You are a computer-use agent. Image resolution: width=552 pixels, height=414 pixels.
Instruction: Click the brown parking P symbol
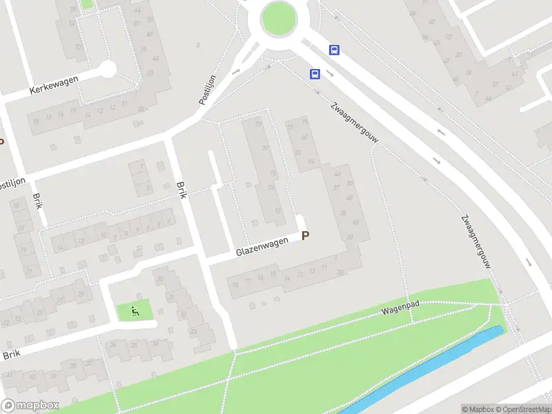(x=305, y=235)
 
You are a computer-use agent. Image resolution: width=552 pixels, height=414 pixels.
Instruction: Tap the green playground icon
(x=135, y=311)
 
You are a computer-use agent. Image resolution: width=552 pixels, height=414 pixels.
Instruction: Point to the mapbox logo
(x=30, y=405)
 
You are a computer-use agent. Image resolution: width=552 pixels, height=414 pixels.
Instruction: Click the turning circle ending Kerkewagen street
(x=108, y=68)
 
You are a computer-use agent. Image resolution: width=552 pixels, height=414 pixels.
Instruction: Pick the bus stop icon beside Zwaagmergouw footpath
(x=315, y=75)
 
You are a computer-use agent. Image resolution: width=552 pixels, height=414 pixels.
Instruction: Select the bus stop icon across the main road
(x=334, y=50)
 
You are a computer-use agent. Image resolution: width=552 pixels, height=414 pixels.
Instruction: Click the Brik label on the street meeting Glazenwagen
(x=182, y=190)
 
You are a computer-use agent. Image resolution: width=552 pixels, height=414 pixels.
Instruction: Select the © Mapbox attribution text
(x=478, y=409)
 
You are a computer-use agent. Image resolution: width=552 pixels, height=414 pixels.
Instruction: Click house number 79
(x=259, y=125)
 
